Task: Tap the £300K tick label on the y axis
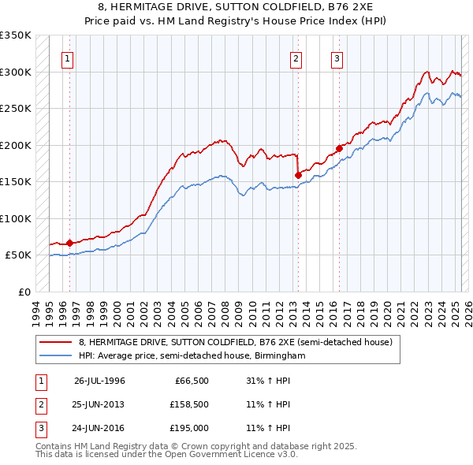(16, 72)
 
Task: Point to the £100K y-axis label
(16, 218)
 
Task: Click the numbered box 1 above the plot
(67, 58)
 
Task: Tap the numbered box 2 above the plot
(296, 58)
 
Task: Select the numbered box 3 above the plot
(337, 58)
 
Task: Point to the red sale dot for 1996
(69, 243)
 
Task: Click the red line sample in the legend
(56, 342)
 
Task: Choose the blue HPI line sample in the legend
(56, 355)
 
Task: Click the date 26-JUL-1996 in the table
(99, 380)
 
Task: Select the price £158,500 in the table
(188, 404)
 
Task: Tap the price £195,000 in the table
(188, 429)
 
